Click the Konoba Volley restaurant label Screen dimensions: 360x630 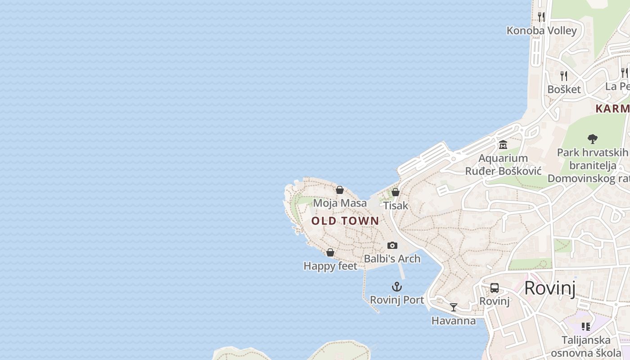pyautogui.click(x=541, y=31)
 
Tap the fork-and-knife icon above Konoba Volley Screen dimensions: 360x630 pyautogui.click(x=541, y=17)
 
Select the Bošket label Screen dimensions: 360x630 pyautogui.click(x=564, y=89)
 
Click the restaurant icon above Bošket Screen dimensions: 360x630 pyautogui.click(x=564, y=76)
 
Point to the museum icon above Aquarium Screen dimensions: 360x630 pyautogui.click(x=503, y=145)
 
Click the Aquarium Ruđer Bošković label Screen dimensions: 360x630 pyautogui.click(x=503, y=165)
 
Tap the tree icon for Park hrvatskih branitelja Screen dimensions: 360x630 pyautogui.click(x=593, y=139)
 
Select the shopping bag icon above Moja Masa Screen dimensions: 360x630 pyautogui.click(x=340, y=190)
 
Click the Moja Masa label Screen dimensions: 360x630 pyautogui.click(x=340, y=203)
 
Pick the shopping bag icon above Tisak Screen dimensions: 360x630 pyautogui.click(x=396, y=192)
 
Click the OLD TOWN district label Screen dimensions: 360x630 pyautogui.click(x=345, y=221)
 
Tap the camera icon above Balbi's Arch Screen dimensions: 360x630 pyautogui.click(x=392, y=245)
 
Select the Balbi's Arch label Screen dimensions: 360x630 pyautogui.click(x=392, y=259)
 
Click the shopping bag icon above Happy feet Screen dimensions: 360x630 pyautogui.click(x=330, y=252)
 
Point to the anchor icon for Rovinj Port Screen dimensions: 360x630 pyautogui.click(x=396, y=287)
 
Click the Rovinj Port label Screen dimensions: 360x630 pyautogui.click(x=397, y=300)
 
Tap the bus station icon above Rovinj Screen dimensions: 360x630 pyautogui.click(x=495, y=288)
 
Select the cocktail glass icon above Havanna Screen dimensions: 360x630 pyautogui.click(x=454, y=307)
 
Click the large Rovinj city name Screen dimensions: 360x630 pyautogui.click(x=550, y=288)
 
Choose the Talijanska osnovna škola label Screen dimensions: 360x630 pyautogui.click(x=586, y=346)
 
